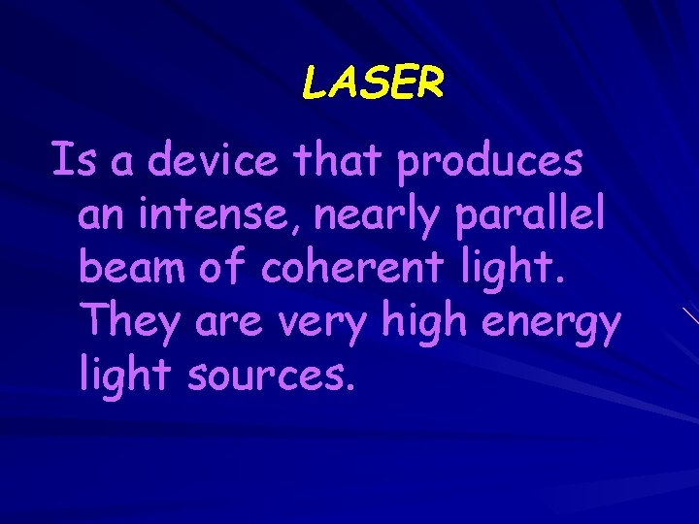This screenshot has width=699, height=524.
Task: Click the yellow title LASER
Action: pyautogui.click(x=373, y=84)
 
